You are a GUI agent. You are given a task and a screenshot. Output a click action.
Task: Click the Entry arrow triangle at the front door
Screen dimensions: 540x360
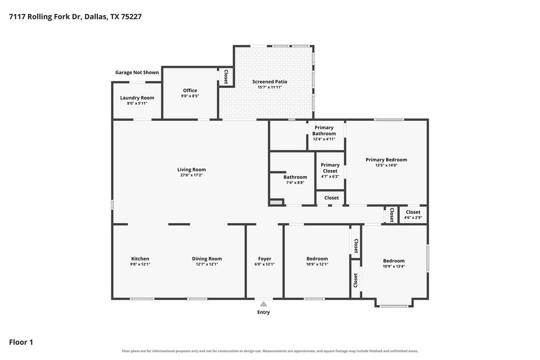point(264,304)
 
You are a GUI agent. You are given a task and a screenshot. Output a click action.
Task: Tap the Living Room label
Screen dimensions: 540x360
point(191,169)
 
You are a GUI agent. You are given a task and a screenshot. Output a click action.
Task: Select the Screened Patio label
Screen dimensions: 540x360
point(269,82)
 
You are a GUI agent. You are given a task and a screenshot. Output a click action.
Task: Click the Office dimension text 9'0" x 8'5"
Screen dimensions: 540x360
point(190,96)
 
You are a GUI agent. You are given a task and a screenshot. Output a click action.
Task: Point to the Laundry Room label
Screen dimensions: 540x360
point(137,98)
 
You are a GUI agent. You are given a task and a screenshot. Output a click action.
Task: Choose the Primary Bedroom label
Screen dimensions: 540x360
point(387,160)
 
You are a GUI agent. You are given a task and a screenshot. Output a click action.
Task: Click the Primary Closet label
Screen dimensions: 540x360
point(330,168)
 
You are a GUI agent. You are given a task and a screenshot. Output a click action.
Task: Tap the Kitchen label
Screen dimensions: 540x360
point(140,259)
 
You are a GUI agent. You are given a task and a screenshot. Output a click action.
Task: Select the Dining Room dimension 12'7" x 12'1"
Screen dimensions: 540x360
point(207,264)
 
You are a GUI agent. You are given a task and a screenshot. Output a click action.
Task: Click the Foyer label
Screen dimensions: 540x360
point(265,259)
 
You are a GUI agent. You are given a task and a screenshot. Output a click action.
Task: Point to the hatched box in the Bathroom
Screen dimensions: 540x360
point(276,202)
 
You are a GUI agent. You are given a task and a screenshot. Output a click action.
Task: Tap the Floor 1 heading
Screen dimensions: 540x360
point(21,342)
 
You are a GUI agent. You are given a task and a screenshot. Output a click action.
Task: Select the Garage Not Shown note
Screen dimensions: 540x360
point(137,72)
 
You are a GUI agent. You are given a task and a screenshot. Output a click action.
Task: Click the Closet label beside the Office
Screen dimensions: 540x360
point(226,77)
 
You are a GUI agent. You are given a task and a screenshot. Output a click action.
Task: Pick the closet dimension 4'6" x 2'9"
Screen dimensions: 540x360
point(413,218)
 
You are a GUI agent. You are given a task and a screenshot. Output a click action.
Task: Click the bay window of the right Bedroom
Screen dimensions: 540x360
point(394,306)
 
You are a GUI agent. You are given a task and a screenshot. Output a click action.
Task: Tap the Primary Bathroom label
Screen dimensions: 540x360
point(324,130)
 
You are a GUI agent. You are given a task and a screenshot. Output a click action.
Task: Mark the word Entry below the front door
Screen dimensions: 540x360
point(264,313)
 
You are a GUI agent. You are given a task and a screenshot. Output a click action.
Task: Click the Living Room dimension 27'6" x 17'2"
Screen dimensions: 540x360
point(191,175)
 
